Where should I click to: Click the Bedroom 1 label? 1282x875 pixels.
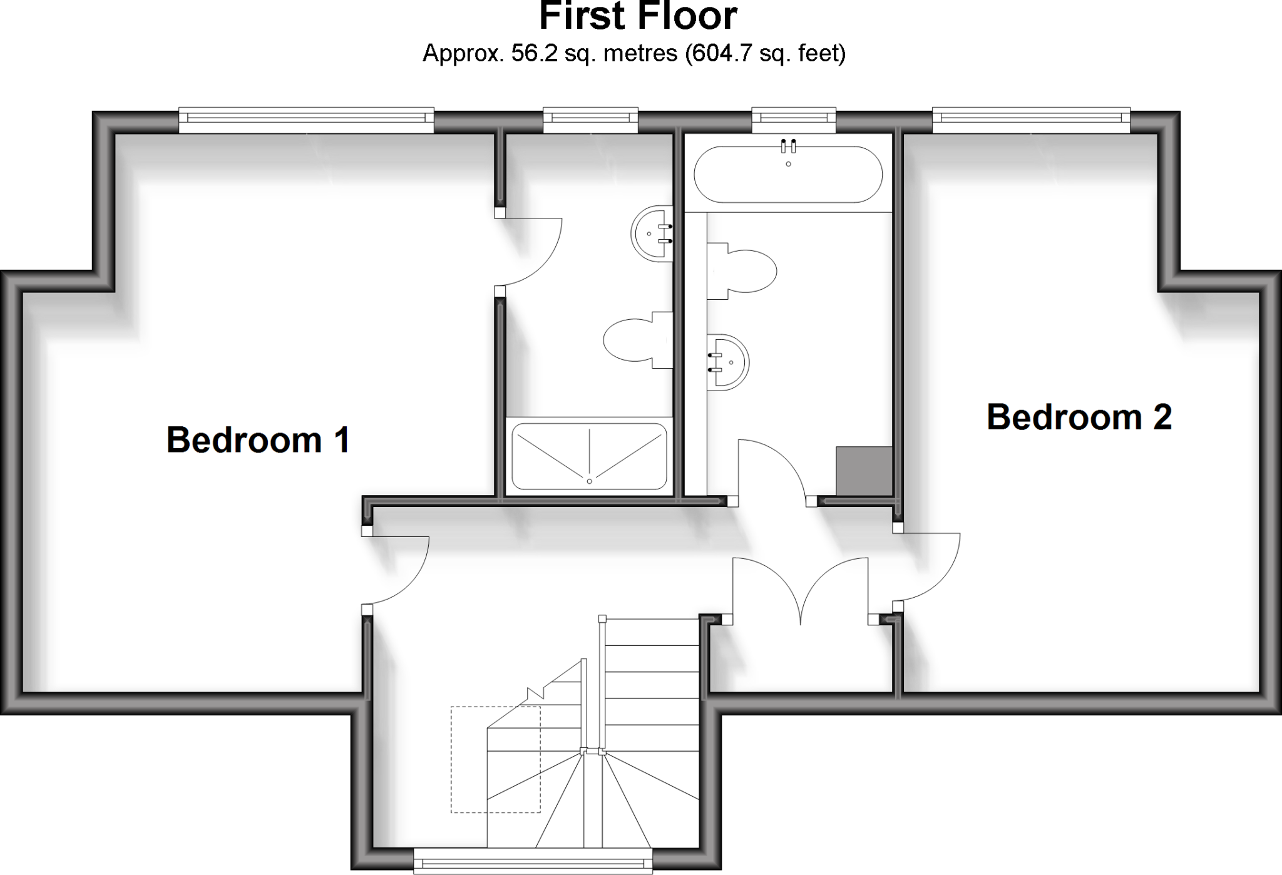click(258, 440)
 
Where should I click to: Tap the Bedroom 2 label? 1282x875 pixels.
click(1079, 417)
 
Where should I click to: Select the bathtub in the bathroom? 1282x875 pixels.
click(788, 175)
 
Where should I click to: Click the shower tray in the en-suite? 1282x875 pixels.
click(589, 457)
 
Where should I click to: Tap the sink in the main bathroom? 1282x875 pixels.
click(727, 362)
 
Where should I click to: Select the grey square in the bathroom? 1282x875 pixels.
click(864, 471)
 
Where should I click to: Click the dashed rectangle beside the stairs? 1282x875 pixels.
click(495, 759)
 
